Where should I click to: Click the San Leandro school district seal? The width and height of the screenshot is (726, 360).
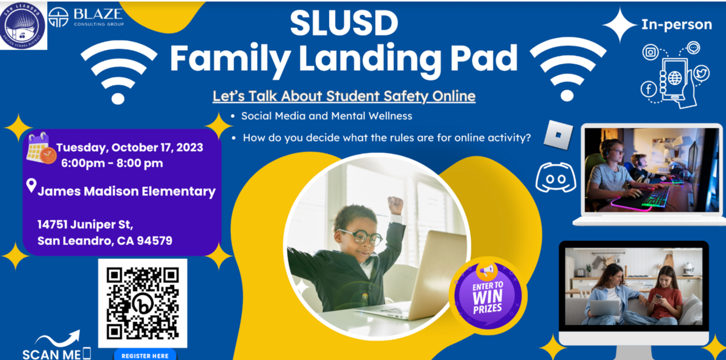23,25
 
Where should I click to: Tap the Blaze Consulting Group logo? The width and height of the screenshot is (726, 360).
86,18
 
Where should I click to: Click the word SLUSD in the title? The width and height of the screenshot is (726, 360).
344,23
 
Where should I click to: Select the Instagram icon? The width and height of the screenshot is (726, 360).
650,52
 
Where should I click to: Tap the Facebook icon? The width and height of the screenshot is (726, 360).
649,89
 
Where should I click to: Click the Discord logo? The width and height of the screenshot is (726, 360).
556,177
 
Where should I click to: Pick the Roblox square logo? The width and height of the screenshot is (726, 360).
558,135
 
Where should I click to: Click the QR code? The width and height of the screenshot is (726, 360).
143,303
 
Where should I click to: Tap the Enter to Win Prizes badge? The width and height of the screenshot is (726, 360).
488,296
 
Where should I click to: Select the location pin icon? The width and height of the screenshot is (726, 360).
31,185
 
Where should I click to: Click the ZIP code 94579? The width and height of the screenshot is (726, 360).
155,241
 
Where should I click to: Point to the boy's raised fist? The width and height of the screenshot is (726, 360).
396,205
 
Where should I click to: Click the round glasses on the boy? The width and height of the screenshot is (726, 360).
361,238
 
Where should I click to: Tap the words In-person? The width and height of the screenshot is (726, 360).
677,25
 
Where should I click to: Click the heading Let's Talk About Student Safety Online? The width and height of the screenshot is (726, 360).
344,96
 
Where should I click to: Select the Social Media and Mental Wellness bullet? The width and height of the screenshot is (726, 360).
326,116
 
